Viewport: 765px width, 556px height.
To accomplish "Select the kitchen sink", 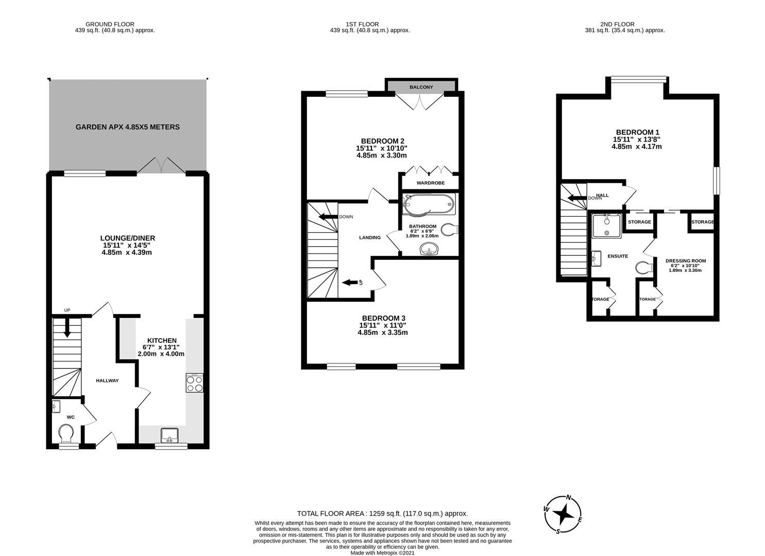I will tap(169, 436).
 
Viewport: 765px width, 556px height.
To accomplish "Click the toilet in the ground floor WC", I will tap(66, 433).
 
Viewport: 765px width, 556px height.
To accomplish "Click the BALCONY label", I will tap(421, 88).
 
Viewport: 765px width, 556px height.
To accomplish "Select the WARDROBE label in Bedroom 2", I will tap(430, 183).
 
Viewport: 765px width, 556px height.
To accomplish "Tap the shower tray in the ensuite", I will tap(606, 225).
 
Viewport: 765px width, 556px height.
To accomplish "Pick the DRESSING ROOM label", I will tap(685, 260).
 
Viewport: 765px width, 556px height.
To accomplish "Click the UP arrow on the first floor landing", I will tap(350, 282).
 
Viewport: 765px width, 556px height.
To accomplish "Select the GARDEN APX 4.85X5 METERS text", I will tap(128, 127).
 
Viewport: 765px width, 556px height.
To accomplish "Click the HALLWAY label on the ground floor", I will tap(107, 380).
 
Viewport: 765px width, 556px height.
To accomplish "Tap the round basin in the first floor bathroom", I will tap(429, 250).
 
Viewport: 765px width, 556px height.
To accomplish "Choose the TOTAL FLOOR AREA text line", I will tap(382, 513).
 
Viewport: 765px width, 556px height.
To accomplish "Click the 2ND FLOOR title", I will tap(617, 24).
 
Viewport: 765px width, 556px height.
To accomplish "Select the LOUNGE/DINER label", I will tap(127, 238).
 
